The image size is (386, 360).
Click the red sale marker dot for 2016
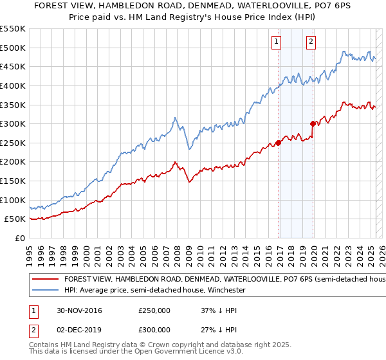pyautogui.click(x=279, y=143)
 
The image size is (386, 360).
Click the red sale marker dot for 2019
pyautogui.click(x=313, y=123)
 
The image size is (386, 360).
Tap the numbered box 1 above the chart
pyautogui.click(x=277, y=42)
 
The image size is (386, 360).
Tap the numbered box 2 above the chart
pyautogui.click(x=311, y=42)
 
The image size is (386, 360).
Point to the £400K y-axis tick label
pyautogui.click(x=13, y=85)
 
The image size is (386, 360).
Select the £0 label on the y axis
pyautogui.click(x=19, y=238)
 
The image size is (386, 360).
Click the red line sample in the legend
pyautogui.click(x=45, y=280)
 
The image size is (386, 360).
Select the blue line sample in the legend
pyautogui.click(x=45, y=290)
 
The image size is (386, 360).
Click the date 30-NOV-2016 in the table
pyautogui.click(x=80, y=310)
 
